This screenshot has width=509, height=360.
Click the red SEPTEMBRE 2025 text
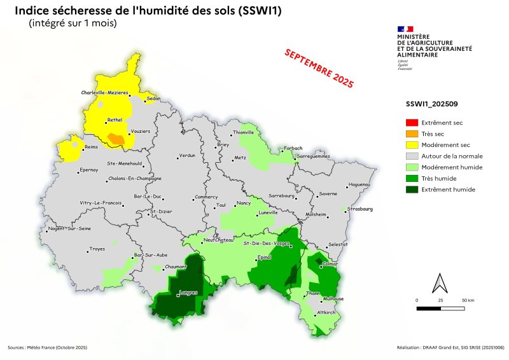click(318, 67)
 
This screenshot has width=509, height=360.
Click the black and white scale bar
click(440, 308)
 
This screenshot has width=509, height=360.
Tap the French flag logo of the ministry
click(405, 29)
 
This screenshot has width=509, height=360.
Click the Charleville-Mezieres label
click(105, 93)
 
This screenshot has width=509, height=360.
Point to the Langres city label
click(188, 293)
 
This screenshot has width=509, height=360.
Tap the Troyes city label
click(97, 249)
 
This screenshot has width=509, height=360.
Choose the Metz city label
click(240, 157)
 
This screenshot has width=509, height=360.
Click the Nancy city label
click(243, 203)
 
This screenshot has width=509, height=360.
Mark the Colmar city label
click(330, 264)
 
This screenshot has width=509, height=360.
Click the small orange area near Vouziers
click(116, 139)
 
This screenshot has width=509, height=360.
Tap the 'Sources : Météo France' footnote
click(47, 348)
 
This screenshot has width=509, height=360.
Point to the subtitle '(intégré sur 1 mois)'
click(73, 24)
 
